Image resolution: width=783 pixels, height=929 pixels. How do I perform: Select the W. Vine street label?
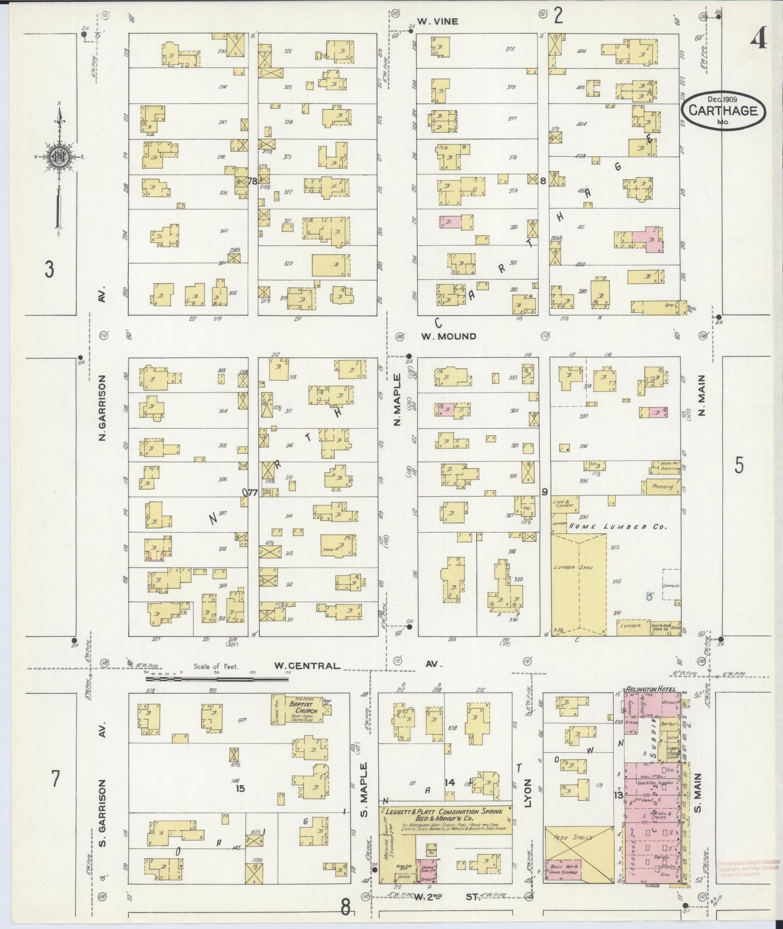pos(438,21)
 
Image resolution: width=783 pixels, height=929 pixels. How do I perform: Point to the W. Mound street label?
pos(448,336)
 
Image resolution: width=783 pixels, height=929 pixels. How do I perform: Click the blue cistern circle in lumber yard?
pos(649,598)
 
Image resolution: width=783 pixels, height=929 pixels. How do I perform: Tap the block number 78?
pos(252,181)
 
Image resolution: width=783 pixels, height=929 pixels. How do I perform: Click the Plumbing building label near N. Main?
pos(663,486)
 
